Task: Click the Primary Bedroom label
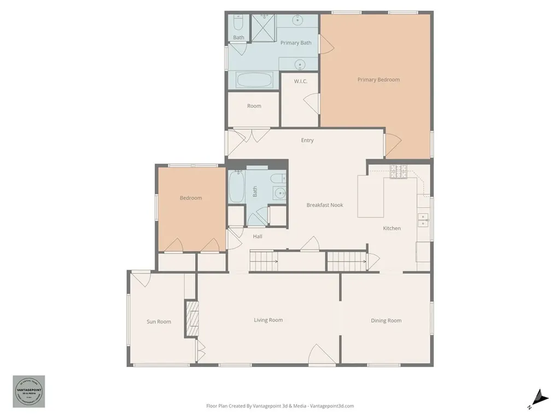[378, 80]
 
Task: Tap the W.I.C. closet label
[300, 81]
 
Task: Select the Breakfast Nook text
[325, 205]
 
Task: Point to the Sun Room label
[159, 322]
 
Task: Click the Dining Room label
[386, 320]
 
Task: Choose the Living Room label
[268, 320]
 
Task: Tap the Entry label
[307, 141]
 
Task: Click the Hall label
[258, 236]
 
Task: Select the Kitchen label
[392, 228]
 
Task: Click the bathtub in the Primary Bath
[254, 80]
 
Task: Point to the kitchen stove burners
[398, 172]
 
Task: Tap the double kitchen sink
[423, 220]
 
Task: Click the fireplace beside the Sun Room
[191, 318]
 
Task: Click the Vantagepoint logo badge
[29, 392]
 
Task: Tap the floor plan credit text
[280, 406]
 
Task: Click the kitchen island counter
[371, 196]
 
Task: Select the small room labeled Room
[254, 106]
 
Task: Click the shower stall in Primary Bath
[263, 27]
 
